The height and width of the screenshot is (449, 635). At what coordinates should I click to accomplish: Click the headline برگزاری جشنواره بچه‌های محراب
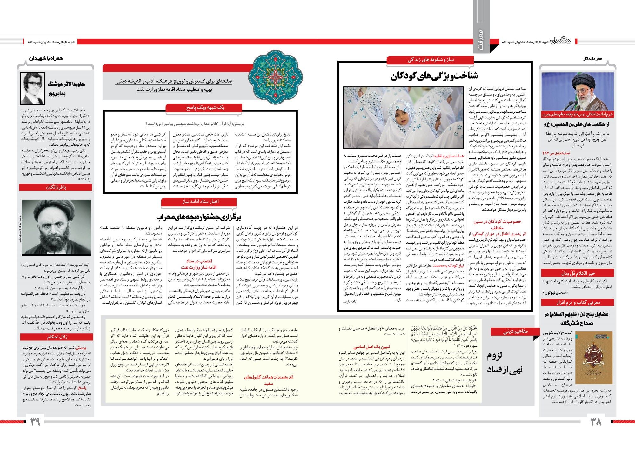coord(199,217)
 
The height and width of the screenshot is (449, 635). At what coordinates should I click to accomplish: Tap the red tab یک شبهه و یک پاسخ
coord(205,108)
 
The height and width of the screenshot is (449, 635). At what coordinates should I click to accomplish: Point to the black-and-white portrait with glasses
coord(32,88)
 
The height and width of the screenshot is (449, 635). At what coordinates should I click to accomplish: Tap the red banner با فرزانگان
coord(56,187)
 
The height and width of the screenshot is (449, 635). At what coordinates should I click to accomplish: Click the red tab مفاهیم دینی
coord(515,332)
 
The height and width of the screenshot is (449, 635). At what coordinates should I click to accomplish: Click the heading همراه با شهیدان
coord(46,58)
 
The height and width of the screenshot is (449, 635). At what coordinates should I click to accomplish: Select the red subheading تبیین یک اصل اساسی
coord(371,347)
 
